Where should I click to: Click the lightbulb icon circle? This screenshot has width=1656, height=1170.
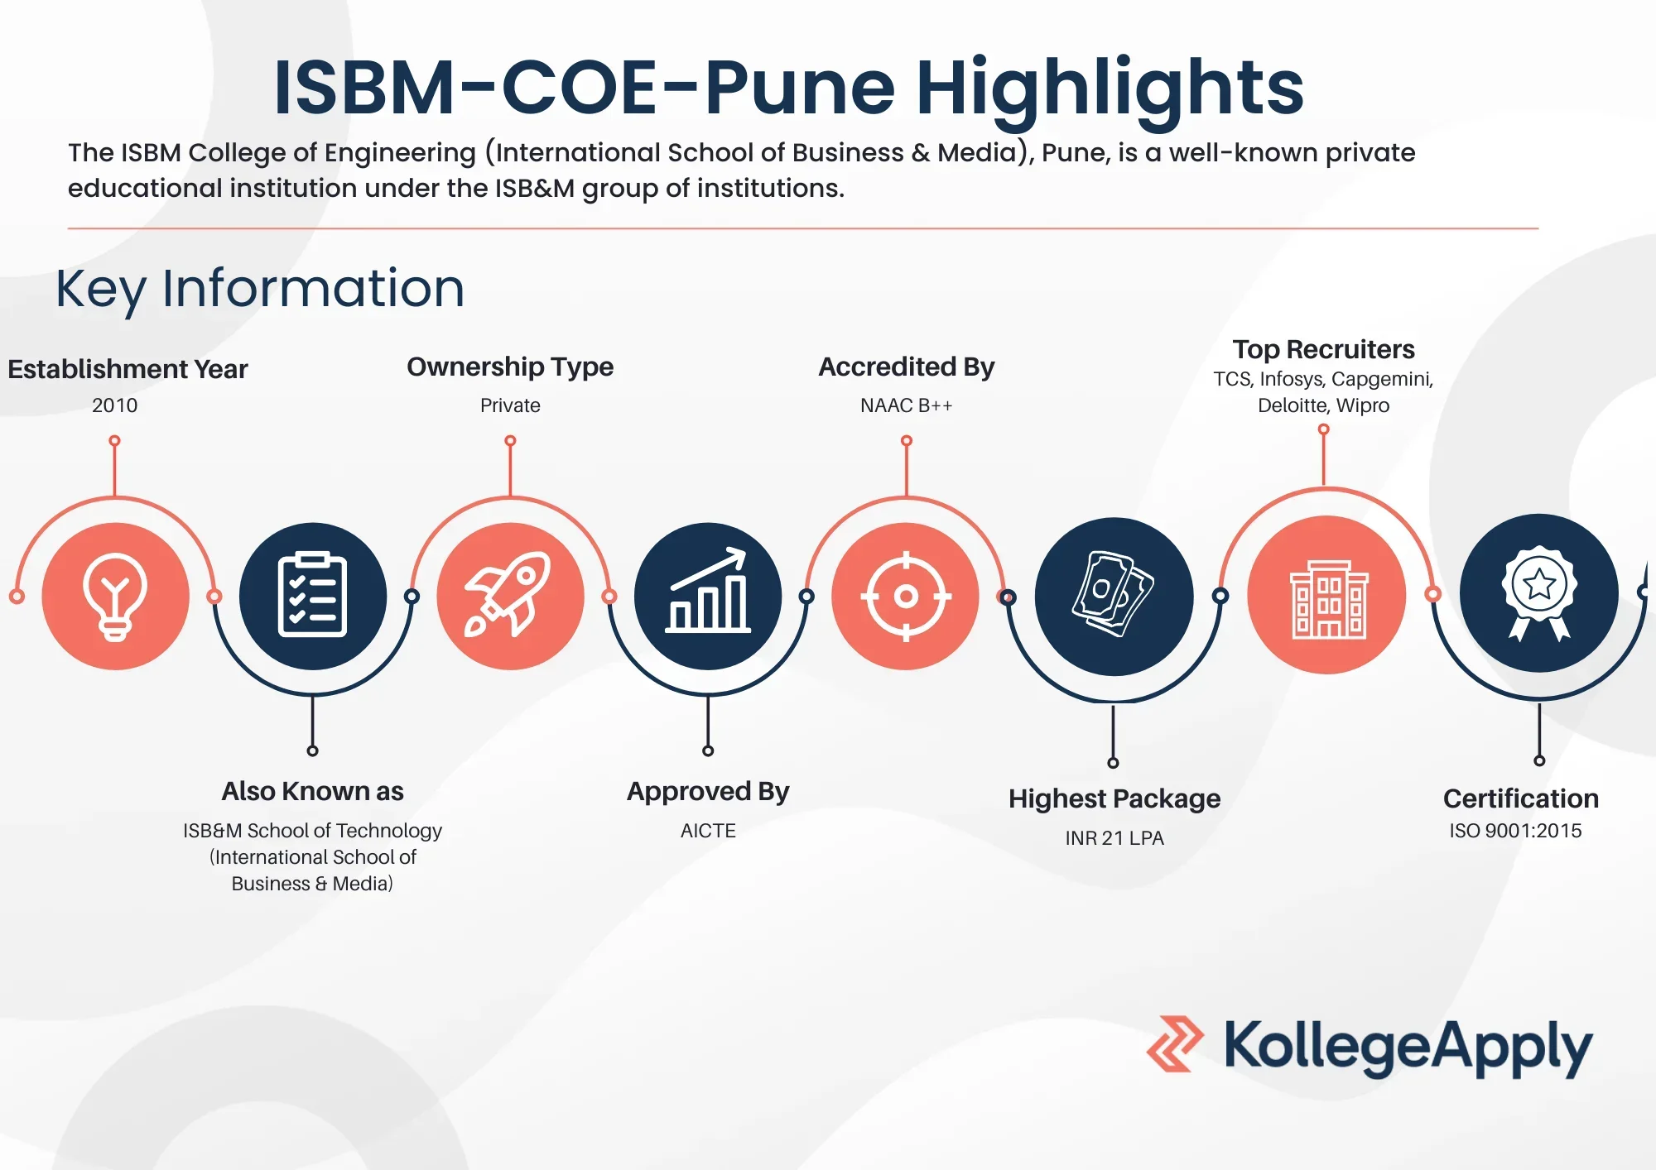tap(115, 596)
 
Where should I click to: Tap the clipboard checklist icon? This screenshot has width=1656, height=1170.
tap(312, 595)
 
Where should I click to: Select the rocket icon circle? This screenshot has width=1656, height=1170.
tap(510, 596)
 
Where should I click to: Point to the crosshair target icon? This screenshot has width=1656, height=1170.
tap(906, 596)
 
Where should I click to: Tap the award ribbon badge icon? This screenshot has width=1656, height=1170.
tap(1539, 592)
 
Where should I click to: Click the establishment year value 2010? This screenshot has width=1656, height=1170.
tap(115, 405)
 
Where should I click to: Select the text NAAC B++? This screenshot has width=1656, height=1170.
tap(906, 405)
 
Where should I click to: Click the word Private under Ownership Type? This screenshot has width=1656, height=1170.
tap(510, 405)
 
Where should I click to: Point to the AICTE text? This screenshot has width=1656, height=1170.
tap(708, 831)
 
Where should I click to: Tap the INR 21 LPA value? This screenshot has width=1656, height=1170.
tap(1114, 838)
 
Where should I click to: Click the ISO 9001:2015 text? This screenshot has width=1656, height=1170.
tap(1515, 831)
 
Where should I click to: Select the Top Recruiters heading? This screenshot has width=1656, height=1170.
tap(1323, 349)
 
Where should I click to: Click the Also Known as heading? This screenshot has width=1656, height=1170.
tap(312, 791)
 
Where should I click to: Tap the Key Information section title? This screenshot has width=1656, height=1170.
tap(260, 289)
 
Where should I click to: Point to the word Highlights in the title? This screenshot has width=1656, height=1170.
tap(1110, 89)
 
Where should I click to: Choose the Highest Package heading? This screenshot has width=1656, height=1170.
tap(1114, 799)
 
